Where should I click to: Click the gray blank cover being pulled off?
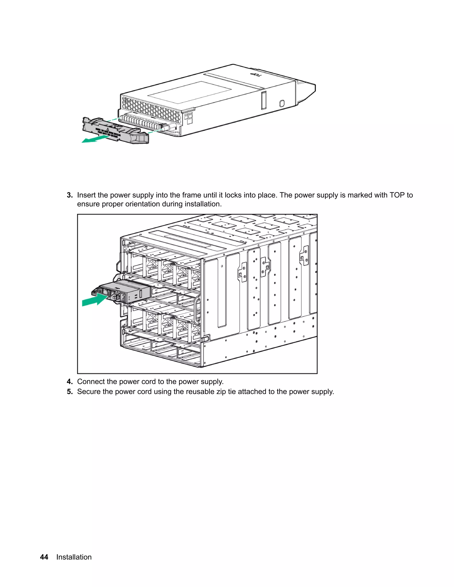[116, 130]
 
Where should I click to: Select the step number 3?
[70, 195]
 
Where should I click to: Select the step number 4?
[70, 382]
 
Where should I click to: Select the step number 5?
[70, 392]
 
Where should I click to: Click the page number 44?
[44, 557]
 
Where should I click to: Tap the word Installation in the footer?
[74, 557]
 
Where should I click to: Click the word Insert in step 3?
[86, 195]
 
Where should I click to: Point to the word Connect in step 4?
[91, 382]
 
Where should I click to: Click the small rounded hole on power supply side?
[282, 103]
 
